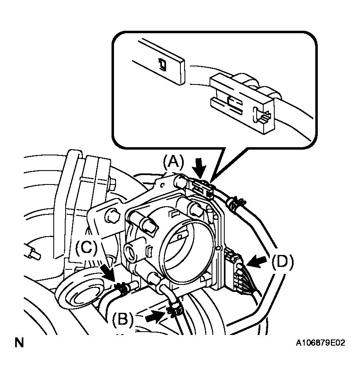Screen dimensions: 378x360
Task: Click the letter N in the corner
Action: click(19, 343)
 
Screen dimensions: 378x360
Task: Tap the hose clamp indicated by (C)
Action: click(120, 289)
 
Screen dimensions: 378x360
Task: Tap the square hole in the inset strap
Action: click(163, 64)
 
